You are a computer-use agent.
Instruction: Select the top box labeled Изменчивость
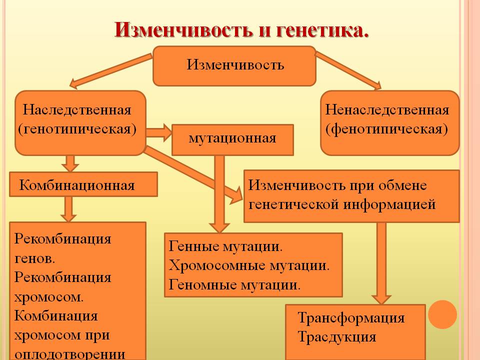coord(234,66)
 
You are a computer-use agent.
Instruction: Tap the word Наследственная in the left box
coord(77,110)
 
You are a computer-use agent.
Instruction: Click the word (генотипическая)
coord(77,129)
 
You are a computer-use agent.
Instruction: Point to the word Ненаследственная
coord(387,110)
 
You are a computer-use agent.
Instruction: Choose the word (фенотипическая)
coord(386,129)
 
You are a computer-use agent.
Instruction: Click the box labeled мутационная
coord(232,140)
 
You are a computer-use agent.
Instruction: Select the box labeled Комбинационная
coord(83,184)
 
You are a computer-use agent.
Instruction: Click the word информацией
coord(389,204)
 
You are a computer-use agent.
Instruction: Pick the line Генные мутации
coord(225,246)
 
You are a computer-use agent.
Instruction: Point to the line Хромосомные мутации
coord(249,265)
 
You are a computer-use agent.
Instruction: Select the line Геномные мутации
coord(234,284)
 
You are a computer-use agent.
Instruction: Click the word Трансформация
coord(351,318)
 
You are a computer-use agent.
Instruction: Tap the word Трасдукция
coord(336,337)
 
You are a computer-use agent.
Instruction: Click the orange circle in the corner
coord(442,314)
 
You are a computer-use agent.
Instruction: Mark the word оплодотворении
coord(70,354)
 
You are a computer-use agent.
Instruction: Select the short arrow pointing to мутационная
coord(158,133)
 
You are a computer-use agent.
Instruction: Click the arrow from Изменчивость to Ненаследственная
coord(348,70)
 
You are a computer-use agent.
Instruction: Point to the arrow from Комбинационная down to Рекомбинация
coord(68,209)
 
